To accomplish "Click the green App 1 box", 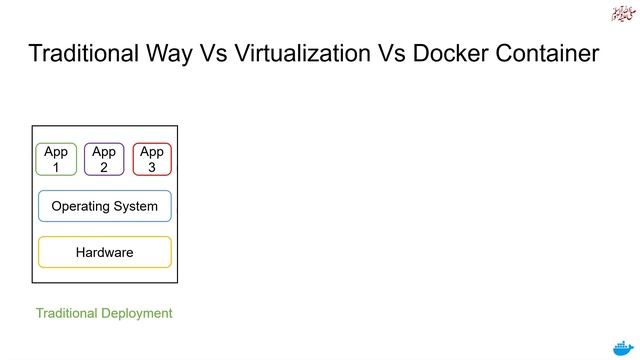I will click(56, 160).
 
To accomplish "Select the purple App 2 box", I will click(104, 160).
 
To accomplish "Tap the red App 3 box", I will click(152, 159).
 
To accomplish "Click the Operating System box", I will click(105, 206).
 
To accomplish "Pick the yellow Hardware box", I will click(105, 252).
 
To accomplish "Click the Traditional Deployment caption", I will click(104, 313).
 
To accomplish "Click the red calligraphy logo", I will click(621, 14).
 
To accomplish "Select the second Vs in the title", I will click(384, 53).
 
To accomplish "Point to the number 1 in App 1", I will click(56, 168).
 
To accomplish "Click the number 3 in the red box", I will click(152, 167).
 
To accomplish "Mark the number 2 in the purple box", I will click(104, 168).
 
